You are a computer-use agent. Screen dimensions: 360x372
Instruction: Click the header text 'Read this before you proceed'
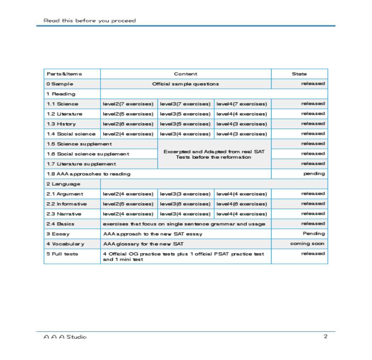[x=90, y=21]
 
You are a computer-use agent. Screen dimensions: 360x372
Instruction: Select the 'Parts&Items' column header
[x=65, y=74]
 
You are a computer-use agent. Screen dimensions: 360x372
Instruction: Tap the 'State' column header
[x=299, y=74]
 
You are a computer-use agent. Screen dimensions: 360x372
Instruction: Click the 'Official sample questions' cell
[x=186, y=84]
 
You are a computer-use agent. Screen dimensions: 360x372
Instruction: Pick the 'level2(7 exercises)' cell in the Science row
[x=128, y=104]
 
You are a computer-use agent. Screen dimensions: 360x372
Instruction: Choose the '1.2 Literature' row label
[x=65, y=114]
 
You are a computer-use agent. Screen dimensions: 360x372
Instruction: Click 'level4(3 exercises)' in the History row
[x=242, y=124]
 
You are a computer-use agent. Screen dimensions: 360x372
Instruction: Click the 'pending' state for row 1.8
[x=314, y=174]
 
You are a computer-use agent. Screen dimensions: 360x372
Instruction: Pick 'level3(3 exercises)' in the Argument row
[x=185, y=194]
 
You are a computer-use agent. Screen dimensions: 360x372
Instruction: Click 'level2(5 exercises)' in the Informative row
[x=128, y=204]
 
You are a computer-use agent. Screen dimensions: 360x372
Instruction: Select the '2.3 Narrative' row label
[x=64, y=214]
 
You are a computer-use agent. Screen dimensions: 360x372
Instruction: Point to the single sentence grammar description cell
[x=184, y=224]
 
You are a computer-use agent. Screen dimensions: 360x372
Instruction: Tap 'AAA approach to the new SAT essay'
[x=153, y=234]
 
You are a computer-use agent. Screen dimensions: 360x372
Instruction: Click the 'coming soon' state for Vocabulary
[x=307, y=244]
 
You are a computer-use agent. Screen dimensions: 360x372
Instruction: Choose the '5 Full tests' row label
[x=62, y=254]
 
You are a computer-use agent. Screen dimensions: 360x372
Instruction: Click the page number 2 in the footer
[x=325, y=336]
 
